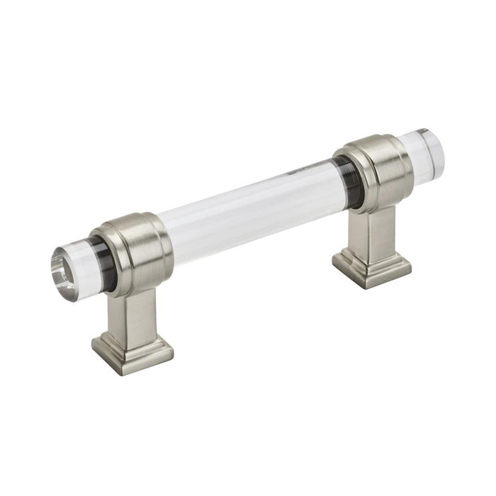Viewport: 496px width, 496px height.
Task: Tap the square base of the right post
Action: [371, 269]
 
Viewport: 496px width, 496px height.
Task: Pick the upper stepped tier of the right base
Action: [371, 257]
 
